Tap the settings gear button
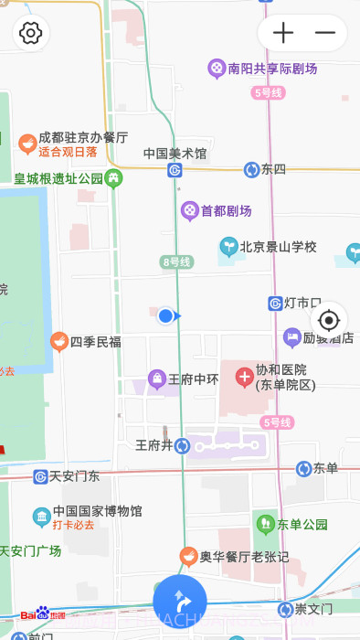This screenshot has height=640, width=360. (31, 34)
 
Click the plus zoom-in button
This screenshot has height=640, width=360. (283, 34)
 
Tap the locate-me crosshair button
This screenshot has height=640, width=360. (329, 320)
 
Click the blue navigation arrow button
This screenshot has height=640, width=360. (180, 602)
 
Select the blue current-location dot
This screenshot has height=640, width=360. (165, 315)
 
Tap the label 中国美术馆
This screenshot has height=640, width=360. (175, 154)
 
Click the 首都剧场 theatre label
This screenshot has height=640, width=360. (226, 211)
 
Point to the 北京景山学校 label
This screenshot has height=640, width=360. (278, 247)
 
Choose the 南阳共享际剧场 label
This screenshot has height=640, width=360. (272, 69)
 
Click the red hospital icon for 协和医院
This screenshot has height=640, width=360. (245, 376)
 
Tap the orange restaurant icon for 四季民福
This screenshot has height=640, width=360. (59, 342)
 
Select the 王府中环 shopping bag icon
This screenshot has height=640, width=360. (157, 379)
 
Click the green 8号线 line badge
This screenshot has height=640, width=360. (176, 262)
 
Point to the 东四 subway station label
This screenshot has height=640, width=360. (273, 169)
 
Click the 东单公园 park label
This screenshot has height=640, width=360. (302, 525)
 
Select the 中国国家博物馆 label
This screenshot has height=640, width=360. (97, 511)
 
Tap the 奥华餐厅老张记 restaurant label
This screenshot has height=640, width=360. (244, 556)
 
